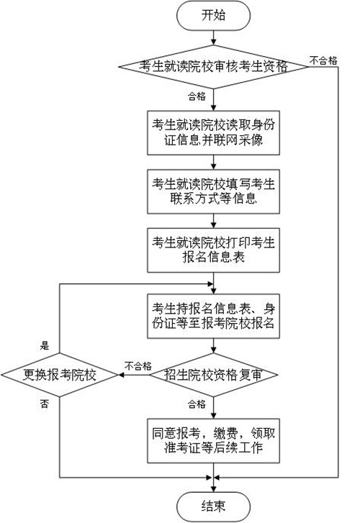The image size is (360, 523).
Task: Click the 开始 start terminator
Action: tap(213, 15)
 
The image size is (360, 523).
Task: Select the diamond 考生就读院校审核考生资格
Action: tap(213, 67)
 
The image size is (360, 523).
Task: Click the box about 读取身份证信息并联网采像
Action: tap(213, 133)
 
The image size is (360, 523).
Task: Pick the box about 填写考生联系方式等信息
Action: tap(213, 191)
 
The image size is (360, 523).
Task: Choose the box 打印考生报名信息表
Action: tap(213, 250)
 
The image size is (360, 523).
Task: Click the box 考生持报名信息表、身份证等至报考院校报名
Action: tap(213, 317)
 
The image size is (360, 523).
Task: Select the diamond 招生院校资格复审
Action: tap(213, 375)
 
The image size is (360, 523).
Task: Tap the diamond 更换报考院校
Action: tap(60, 375)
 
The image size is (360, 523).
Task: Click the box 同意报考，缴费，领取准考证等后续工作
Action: tap(213, 440)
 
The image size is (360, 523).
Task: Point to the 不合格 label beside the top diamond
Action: tap(323, 60)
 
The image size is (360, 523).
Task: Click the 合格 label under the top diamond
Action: tap(197, 96)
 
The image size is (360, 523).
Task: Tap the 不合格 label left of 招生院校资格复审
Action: tap(138, 366)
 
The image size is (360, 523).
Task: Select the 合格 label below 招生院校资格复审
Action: tap(197, 404)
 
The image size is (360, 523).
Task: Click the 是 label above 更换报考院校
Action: tap(45, 345)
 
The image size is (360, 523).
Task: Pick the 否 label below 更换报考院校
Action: tap(45, 404)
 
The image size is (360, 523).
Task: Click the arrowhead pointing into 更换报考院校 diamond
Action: tap(121, 375)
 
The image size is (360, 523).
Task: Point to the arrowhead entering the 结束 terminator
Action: tap(213, 489)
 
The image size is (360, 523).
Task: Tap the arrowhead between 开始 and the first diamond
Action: tap(213, 42)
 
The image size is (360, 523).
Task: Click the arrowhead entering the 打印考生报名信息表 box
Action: tap(213, 225)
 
